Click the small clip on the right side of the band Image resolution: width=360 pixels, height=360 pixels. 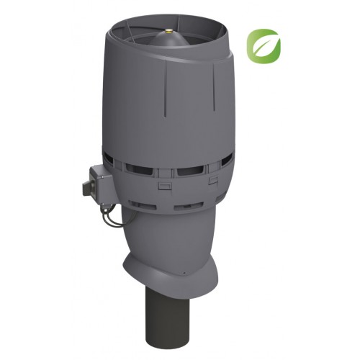[213, 181]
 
